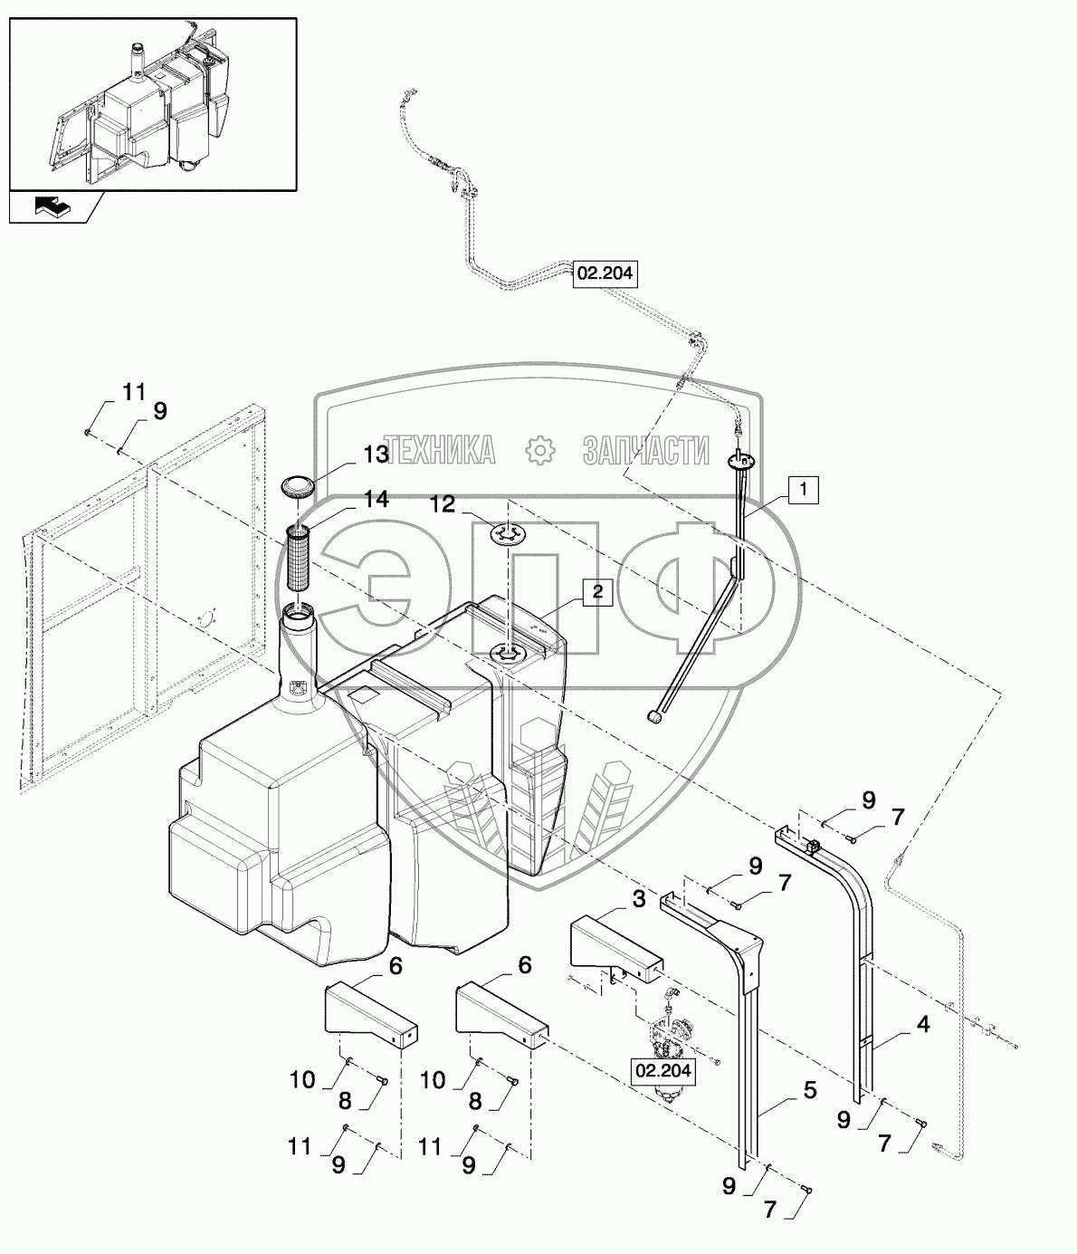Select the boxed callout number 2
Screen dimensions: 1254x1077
click(x=596, y=591)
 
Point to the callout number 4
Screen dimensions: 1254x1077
click(x=922, y=1026)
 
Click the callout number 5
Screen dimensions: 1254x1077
click(x=809, y=1090)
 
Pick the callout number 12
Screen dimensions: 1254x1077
click(x=443, y=503)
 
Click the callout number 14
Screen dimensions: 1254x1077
click(x=376, y=499)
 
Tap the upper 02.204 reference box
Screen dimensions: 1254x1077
click(x=605, y=273)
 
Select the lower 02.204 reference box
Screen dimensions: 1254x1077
click(x=663, y=1072)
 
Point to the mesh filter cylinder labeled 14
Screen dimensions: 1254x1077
click(x=298, y=562)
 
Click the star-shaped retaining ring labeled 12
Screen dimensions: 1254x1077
click(x=510, y=535)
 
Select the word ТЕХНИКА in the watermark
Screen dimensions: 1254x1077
click(x=437, y=449)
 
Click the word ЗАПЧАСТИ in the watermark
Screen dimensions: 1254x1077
click(x=646, y=449)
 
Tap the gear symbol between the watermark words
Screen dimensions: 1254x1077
click(x=539, y=449)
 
